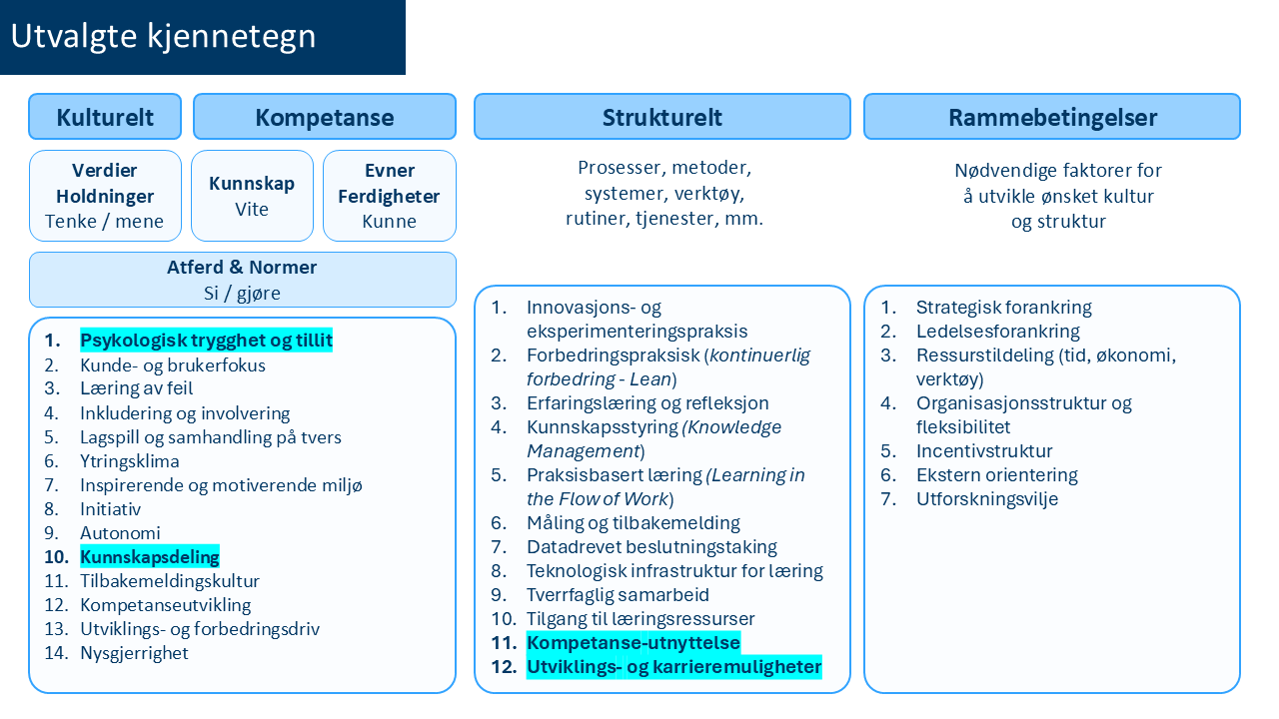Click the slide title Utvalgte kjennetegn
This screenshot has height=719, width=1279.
(163, 37)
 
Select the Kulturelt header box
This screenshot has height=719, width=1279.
(105, 117)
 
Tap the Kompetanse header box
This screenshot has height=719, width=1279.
(325, 117)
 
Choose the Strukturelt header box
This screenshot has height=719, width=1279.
(661, 117)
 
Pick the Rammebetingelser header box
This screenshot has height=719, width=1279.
(1052, 117)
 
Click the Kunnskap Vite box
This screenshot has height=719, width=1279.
(252, 196)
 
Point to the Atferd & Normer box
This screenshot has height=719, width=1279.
(242, 280)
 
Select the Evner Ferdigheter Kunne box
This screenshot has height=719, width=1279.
(390, 196)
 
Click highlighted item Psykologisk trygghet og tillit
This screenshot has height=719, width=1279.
(206, 341)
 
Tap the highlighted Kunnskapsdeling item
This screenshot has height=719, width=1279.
(150, 557)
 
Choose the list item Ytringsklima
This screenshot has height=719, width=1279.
(130, 461)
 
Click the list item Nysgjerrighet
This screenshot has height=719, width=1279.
(134, 653)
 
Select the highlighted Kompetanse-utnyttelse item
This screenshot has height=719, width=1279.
(634, 643)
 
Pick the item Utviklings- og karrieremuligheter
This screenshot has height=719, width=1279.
(673, 667)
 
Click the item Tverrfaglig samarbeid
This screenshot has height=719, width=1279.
(618, 595)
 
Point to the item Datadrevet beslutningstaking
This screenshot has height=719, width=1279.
(651, 547)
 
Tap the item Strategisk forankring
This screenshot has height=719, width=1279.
(1003, 308)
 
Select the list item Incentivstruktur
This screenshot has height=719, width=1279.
(984, 451)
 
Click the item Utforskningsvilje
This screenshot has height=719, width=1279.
(986, 499)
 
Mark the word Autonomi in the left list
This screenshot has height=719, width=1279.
(120, 533)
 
